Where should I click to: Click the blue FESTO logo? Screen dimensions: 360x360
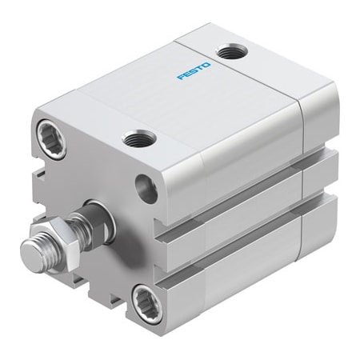coord(194,70)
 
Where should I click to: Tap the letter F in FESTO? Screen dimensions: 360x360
coord(180,77)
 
